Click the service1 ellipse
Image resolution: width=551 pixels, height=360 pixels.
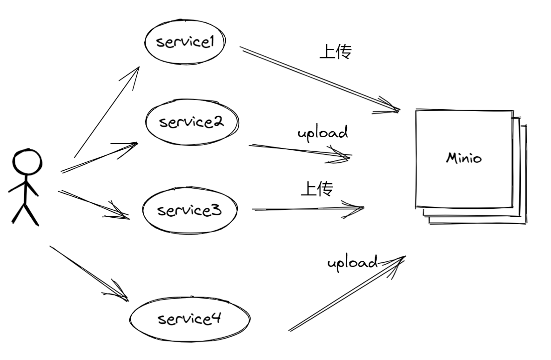coord(185,42)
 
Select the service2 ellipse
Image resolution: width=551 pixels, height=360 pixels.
coord(191,122)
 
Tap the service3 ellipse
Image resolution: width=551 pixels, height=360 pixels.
coord(189,211)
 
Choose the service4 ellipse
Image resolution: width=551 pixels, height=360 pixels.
coord(189,320)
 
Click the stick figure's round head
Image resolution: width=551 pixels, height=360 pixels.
coord(26,162)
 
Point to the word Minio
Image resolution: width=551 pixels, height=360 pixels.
coord(464,158)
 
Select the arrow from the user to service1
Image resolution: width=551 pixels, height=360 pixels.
coord(107,112)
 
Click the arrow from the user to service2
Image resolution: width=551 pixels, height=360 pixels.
coord(100,157)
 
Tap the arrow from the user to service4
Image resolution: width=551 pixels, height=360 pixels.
coord(88,272)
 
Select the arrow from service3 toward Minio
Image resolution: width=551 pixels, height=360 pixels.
coord(307,209)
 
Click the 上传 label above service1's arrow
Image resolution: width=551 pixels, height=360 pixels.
coord(335,51)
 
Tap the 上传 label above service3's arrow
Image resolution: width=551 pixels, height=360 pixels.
coord(317,188)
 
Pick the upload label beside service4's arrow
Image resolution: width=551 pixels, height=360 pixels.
coord(352,263)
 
